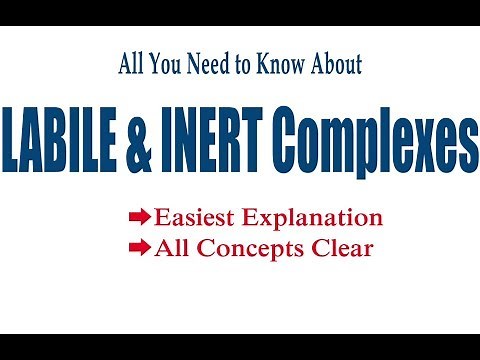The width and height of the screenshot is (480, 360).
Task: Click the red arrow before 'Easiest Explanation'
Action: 139,216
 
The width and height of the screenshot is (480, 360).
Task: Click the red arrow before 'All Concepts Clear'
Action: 139,247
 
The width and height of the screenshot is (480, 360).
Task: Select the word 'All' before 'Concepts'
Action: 171,247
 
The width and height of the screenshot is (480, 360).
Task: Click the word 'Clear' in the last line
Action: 341,247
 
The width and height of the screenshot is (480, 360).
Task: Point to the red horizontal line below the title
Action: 240,189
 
